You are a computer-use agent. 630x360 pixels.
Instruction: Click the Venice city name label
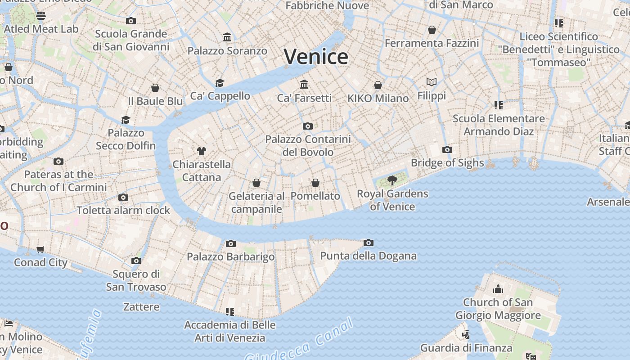pos(316,57)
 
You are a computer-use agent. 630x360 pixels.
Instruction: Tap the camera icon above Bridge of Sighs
pos(447,149)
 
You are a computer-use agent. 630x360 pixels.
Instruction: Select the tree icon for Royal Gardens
pos(392,180)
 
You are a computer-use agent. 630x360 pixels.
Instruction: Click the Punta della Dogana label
pos(368,256)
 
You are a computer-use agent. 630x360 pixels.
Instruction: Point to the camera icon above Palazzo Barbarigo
pos(230,243)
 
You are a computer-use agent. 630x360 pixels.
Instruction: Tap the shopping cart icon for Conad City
pos(40,249)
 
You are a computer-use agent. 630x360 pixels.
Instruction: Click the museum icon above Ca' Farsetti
pos(304,84)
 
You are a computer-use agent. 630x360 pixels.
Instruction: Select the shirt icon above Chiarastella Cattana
pos(201,151)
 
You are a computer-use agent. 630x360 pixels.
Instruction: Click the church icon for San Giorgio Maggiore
pos(498,289)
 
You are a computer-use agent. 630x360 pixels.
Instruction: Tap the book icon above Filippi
pos(432,82)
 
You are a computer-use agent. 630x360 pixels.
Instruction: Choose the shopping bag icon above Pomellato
pos(315,183)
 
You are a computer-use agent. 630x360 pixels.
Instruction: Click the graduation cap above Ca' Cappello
pos(220,83)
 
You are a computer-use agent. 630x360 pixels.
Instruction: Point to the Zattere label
pos(141,307)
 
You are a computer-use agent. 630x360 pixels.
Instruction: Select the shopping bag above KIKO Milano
pos(378,85)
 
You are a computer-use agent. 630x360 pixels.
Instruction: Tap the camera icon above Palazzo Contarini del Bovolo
pos(308,126)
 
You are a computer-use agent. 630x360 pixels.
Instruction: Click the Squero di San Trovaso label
pos(136,280)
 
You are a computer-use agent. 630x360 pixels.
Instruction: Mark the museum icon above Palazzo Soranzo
pos(227,37)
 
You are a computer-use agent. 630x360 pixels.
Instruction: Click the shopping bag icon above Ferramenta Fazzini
pos(432,30)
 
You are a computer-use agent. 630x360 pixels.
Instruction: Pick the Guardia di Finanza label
pos(466,348)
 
